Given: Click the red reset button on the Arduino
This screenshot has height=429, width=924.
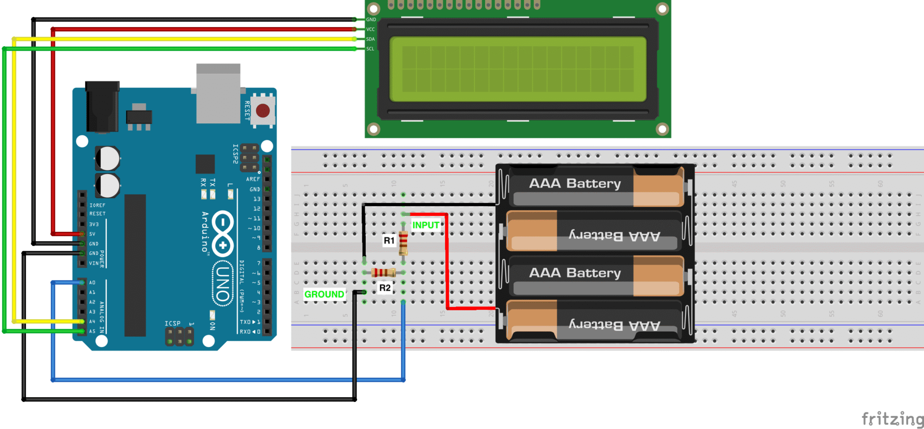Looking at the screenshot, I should click(x=263, y=111).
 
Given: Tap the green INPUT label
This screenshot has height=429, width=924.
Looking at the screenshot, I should click(x=425, y=225).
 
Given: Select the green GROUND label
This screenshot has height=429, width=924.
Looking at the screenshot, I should click(x=324, y=294).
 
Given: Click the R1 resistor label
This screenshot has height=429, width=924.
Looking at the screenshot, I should click(x=389, y=241).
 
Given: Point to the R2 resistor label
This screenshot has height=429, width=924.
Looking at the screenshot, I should click(x=385, y=288).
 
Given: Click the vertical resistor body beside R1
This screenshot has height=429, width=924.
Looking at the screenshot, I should click(x=403, y=242).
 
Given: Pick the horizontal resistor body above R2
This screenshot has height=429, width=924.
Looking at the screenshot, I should click(x=384, y=273).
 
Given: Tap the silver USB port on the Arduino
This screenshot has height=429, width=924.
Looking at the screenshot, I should click(x=218, y=94).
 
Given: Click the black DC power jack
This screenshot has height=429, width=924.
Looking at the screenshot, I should click(x=102, y=107).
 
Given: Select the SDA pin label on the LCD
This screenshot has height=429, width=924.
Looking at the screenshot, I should click(x=370, y=39).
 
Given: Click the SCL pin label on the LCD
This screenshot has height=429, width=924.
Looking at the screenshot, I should click(x=370, y=49).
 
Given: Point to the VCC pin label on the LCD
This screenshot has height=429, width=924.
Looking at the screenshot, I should click(x=370, y=29).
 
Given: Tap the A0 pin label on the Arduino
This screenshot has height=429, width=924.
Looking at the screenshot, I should click(x=92, y=282).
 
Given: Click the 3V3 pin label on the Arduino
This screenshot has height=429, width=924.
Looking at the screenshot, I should click(x=94, y=224).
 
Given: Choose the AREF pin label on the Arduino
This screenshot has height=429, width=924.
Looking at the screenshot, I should click(x=253, y=179).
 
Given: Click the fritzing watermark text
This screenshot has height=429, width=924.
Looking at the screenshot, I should click(x=892, y=418).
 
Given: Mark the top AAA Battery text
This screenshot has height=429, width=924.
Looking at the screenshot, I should click(x=575, y=184).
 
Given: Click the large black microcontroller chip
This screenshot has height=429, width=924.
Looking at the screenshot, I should click(x=135, y=265).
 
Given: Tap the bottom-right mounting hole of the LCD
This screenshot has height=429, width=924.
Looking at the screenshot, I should click(x=662, y=129).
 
